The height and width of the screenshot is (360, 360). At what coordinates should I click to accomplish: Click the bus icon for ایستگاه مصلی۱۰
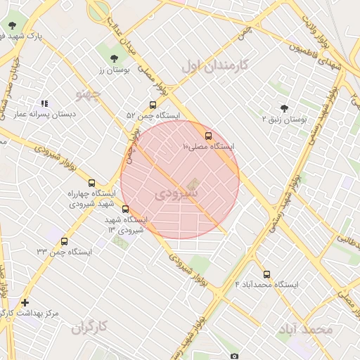(x=208, y=136)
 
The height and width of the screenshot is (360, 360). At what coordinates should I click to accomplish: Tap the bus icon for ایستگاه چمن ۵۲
(x=153, y=105)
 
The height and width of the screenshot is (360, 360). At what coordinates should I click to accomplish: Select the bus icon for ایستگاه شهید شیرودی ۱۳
(x=126, y=209)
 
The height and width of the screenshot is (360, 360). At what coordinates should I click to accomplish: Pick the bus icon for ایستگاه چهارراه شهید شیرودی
(x=92, y=184)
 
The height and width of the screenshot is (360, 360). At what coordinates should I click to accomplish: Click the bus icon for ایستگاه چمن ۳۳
(x=65, y=242)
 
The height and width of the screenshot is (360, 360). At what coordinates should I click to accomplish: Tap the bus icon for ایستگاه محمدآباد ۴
(x=266, y=275)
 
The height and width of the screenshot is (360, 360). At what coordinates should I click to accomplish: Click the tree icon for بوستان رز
(x=114, y=58)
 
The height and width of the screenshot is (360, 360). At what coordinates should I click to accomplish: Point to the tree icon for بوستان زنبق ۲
(x=284, y=109)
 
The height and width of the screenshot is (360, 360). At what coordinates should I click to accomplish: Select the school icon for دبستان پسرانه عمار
(x=44, y=103)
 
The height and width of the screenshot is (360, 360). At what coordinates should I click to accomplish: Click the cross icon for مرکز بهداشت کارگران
(x=25, y=302)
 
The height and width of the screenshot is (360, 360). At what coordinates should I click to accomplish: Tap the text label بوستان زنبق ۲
(x=284, y=120)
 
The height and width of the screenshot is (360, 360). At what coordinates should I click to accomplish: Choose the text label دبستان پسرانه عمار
(x=44, y=114)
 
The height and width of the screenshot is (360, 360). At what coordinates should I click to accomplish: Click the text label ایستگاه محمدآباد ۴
(x=266, y=285)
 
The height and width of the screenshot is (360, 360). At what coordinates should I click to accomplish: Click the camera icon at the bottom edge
(x=234, y=356)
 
